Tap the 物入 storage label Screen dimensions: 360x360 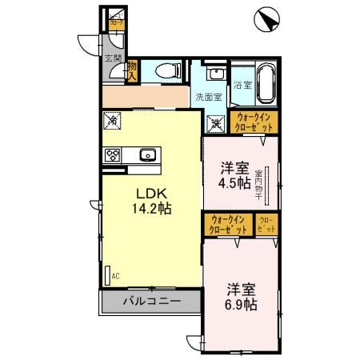pyautogui.click(x=133, y=72)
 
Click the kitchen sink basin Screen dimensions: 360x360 pyautogui.click(x=147, y=155)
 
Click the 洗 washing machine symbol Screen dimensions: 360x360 pyautogui.click(x=214, y=124)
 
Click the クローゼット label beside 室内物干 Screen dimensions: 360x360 pyautogui.click(x=266, y=225)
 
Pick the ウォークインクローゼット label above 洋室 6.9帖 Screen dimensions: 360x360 pyautogui.click(x=228, y=225)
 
